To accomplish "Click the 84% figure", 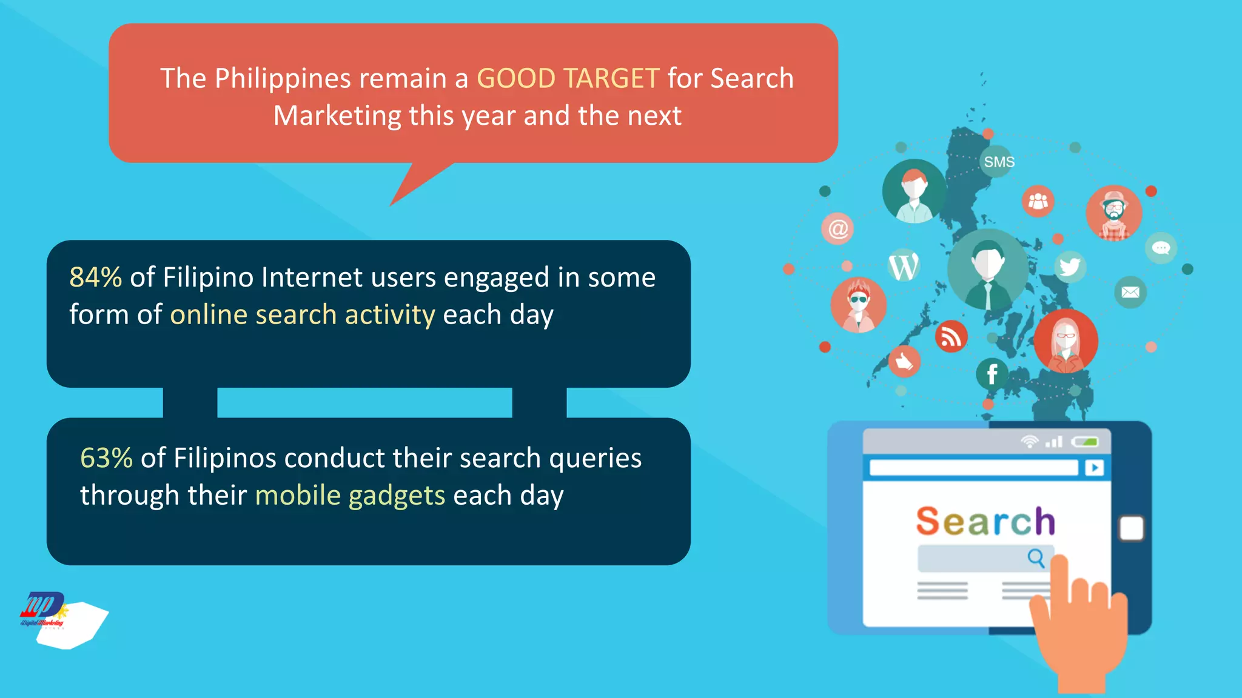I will (95, 278).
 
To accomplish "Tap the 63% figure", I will (106, 458).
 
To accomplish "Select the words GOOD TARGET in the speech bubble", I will (568, 79).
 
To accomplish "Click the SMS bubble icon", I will (998, 162).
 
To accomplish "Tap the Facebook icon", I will (992, 374).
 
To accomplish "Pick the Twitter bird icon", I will (1069, 267).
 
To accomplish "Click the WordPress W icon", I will (904, 266).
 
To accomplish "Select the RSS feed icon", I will (950, 337).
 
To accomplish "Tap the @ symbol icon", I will (838, 229).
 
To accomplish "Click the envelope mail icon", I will (1130, 293).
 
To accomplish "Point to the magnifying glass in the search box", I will (1036, 557).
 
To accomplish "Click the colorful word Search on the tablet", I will (985, 521).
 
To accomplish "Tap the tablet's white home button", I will (1131, 528).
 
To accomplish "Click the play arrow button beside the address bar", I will (1094, 468).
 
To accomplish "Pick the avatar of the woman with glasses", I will (1066, 341).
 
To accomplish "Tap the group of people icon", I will (1038, 201).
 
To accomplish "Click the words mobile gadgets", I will (350, 496).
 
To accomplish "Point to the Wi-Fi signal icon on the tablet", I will (1029, 442).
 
